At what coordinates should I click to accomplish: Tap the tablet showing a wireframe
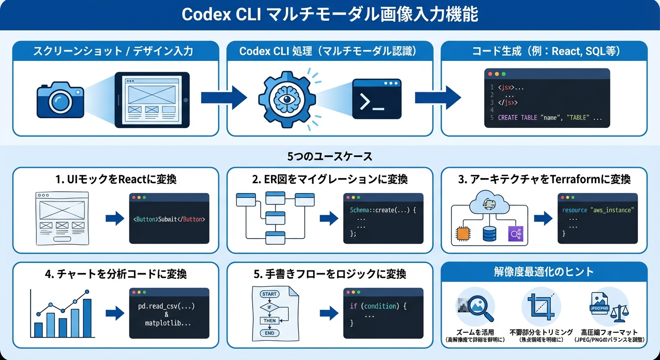(152, 99)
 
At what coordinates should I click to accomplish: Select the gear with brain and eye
(287, 99)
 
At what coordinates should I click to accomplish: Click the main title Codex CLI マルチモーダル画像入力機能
(330, 15)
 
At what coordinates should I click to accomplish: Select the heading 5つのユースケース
(330, 156)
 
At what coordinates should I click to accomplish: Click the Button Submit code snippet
(169, 219)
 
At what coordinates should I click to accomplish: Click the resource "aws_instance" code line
(597, 210)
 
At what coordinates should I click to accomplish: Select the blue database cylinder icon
(489, 233)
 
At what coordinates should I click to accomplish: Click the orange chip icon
(463, 233)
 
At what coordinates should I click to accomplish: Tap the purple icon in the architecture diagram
(515, 233)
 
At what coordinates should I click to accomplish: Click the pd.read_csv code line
(166, 306)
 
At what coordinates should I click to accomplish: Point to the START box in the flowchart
(270, 294)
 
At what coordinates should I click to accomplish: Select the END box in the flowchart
(270, 333)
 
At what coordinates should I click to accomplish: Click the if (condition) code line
(378, 306)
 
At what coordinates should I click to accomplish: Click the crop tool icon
(540, 307)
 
